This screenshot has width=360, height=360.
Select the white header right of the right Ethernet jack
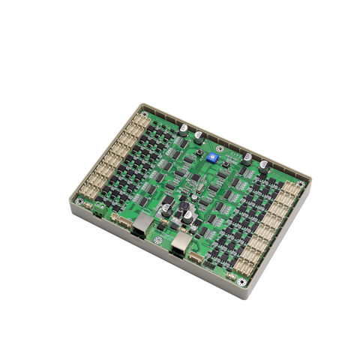(x=198, y=256)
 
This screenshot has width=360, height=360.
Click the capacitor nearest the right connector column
(x=265, y=166)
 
